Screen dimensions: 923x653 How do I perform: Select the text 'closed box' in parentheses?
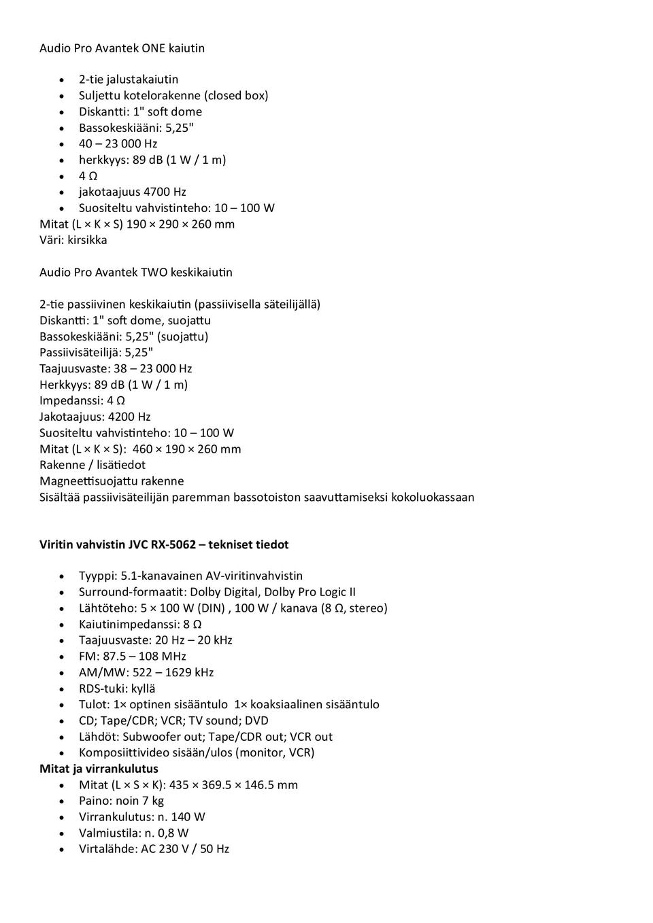click(236, 96)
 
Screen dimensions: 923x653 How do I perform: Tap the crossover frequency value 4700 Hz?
click(165, 192)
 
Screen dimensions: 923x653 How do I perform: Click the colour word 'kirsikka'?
click(87, 241)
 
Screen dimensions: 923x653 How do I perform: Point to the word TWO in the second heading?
click(154, 273)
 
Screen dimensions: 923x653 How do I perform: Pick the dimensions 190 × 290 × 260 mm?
click(180, 224)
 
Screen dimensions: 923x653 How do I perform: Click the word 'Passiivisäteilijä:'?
click(80, 353)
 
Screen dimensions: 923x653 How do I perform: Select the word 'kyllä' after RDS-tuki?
click(143, 689)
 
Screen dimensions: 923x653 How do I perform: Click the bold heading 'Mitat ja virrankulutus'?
click(99, 769)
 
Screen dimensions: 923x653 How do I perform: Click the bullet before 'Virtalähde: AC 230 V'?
click(63, 850)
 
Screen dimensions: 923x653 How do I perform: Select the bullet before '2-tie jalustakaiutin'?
click(63, 80)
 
